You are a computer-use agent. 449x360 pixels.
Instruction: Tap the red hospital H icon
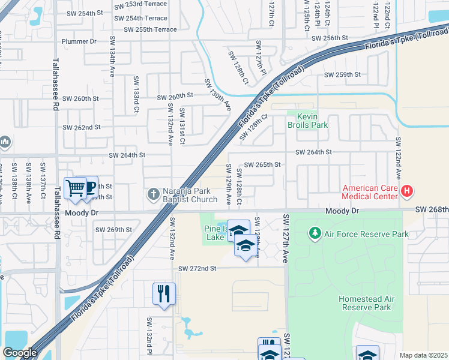coord(407,192)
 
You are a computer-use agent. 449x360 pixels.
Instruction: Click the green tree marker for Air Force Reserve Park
coord(314,233)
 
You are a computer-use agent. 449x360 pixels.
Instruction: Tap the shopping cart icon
coord(75,188)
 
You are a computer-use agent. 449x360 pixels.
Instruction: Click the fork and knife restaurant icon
coord(164,293)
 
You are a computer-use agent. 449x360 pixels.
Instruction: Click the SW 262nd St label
coord(82,127)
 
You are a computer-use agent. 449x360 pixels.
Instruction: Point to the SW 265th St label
coord(263,164)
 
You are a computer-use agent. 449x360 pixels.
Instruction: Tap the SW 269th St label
coord(113,230)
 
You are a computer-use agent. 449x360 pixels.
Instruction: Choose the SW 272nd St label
coord(197,268)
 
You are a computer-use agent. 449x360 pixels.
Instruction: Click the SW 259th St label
coord(342,75)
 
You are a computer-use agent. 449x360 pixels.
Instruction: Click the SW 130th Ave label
coord(218,94)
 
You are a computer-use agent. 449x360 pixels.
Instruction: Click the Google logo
coord(19,353)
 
